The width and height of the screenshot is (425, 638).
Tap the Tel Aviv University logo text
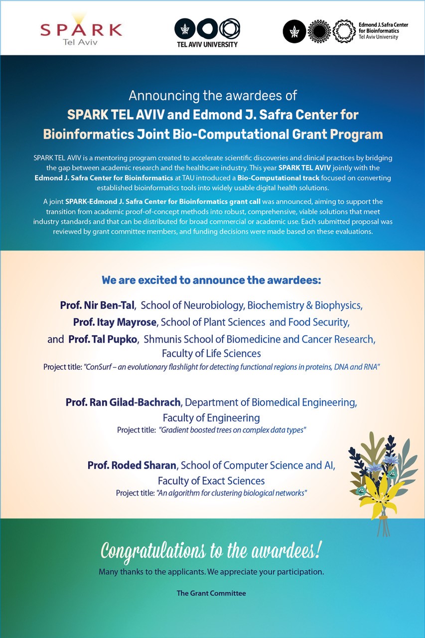click(207, 44)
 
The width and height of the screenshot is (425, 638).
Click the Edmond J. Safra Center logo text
click(379, 30)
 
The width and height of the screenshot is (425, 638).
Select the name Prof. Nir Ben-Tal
click(98, 305)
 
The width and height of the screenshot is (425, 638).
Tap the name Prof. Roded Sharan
click(132, 466)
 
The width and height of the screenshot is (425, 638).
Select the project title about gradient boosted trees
click(232, 430)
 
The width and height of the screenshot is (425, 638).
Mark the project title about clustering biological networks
click(232, 493)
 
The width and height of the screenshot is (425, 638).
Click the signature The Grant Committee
click(211, 593)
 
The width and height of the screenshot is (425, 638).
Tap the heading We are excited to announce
click(211, 280)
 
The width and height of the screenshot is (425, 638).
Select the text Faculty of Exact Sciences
click(211, 481)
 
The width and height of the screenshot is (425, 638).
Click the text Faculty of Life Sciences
click(211, 354)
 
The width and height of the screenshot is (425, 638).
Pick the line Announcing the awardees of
click(213, 95)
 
